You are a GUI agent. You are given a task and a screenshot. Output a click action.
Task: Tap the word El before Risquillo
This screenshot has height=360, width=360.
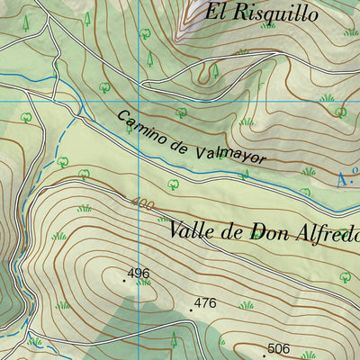[x=217, y=12]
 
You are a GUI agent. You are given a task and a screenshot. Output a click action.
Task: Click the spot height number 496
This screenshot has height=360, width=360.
[x=138, y=273]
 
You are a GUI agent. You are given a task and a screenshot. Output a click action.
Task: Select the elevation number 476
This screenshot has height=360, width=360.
[x=205, y=303]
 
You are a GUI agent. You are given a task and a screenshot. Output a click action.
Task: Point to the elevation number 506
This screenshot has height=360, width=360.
[x=279, y=348]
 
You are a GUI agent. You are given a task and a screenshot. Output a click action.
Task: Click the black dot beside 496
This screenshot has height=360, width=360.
[x=124, y=280]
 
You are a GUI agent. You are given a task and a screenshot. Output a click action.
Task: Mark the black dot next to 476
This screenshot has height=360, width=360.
[x=192, y=310]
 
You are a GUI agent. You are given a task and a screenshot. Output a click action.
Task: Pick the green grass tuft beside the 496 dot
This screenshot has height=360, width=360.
[x=142, y=283]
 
